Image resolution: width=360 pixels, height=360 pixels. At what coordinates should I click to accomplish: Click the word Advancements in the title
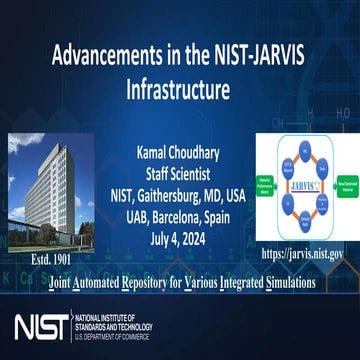(96, 54)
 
